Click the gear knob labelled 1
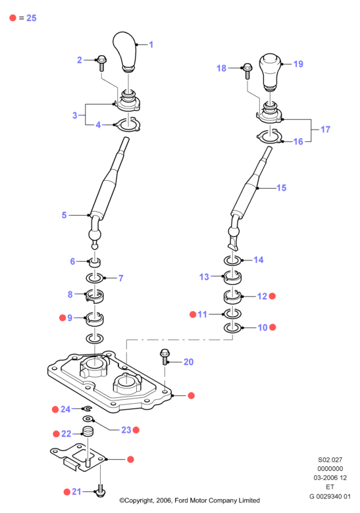124,51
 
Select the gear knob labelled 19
270,72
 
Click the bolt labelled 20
165,357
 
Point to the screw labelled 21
100,491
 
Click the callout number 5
64,215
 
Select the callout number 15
282,188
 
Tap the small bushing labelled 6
95,262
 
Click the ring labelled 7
95,278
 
